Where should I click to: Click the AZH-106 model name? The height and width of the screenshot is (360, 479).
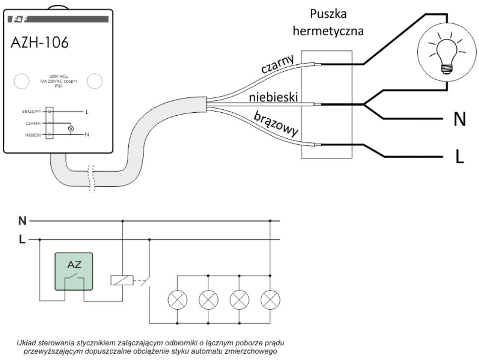click(x=40, y=43)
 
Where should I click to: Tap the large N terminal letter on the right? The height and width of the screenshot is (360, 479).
click(x=460, y=120)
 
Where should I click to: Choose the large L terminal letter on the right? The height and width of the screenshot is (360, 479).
click(x=460, y=157)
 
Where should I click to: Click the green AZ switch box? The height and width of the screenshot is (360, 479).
click(x=74, y=271)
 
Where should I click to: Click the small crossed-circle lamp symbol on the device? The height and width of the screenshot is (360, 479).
click(x=70, y=129)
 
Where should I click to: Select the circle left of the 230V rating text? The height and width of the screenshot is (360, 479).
click(x=21, y=81)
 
